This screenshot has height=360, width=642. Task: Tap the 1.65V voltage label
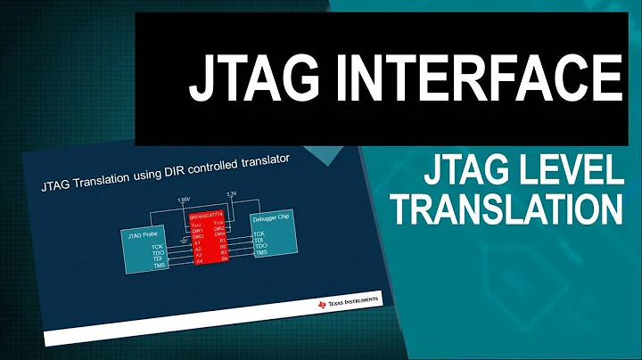coord(181,200)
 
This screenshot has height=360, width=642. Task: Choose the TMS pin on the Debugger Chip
coord(260,253)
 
